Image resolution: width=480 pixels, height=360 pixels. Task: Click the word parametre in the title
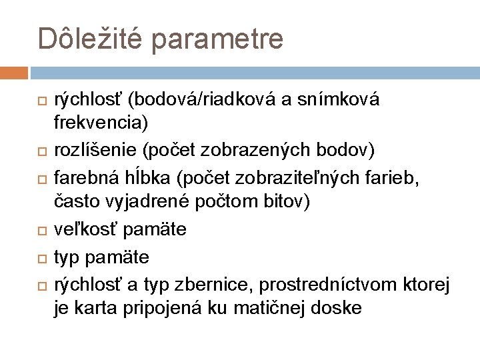point(221,39)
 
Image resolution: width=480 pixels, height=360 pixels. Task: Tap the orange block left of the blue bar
point(14,72)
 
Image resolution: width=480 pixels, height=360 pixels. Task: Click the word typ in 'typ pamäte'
point(65,257)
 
